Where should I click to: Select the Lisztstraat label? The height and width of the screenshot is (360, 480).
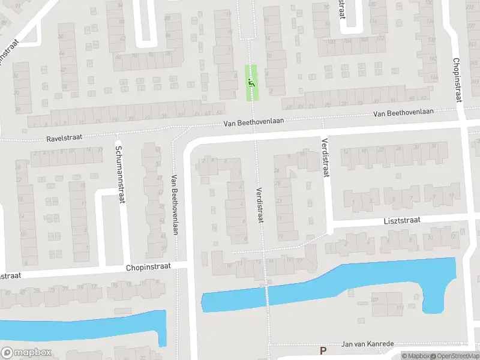pyautogui.click(x=403, y=220)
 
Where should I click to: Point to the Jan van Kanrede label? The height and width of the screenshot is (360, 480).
pyautogui.click(x=367, y=344)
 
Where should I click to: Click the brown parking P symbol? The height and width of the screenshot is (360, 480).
pyautogui.click(x=323, y=351)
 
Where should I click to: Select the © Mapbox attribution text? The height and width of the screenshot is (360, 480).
pyautogui.click(x=415, y=356)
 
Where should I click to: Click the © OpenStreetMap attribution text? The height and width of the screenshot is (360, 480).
pyautogui.click(x=454, y=356)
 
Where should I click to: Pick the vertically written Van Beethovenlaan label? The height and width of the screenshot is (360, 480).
pyautogui.click(x=175, y=204)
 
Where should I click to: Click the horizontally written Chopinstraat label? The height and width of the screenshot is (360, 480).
pyautogui.click(x=148, y=266)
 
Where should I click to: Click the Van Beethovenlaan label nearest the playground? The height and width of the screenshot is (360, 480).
pyautogui.click(x=253, y=121)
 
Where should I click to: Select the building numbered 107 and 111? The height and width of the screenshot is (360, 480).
pyautogui.click(x=386, y=304)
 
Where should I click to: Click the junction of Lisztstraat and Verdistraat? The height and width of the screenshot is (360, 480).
pyautogui.click(x=329, y=225)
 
